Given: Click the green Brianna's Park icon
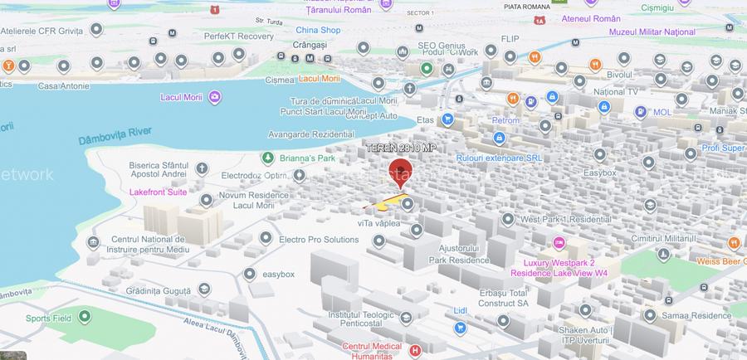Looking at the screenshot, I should coord(267,158).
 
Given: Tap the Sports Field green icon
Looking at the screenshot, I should coord(84,318).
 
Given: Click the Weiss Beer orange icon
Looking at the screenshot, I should coord(734,242).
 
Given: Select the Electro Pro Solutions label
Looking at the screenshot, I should coord(319,240).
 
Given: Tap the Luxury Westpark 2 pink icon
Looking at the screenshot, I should coord(559,243).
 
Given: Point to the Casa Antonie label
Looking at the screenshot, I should coord(61,85).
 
